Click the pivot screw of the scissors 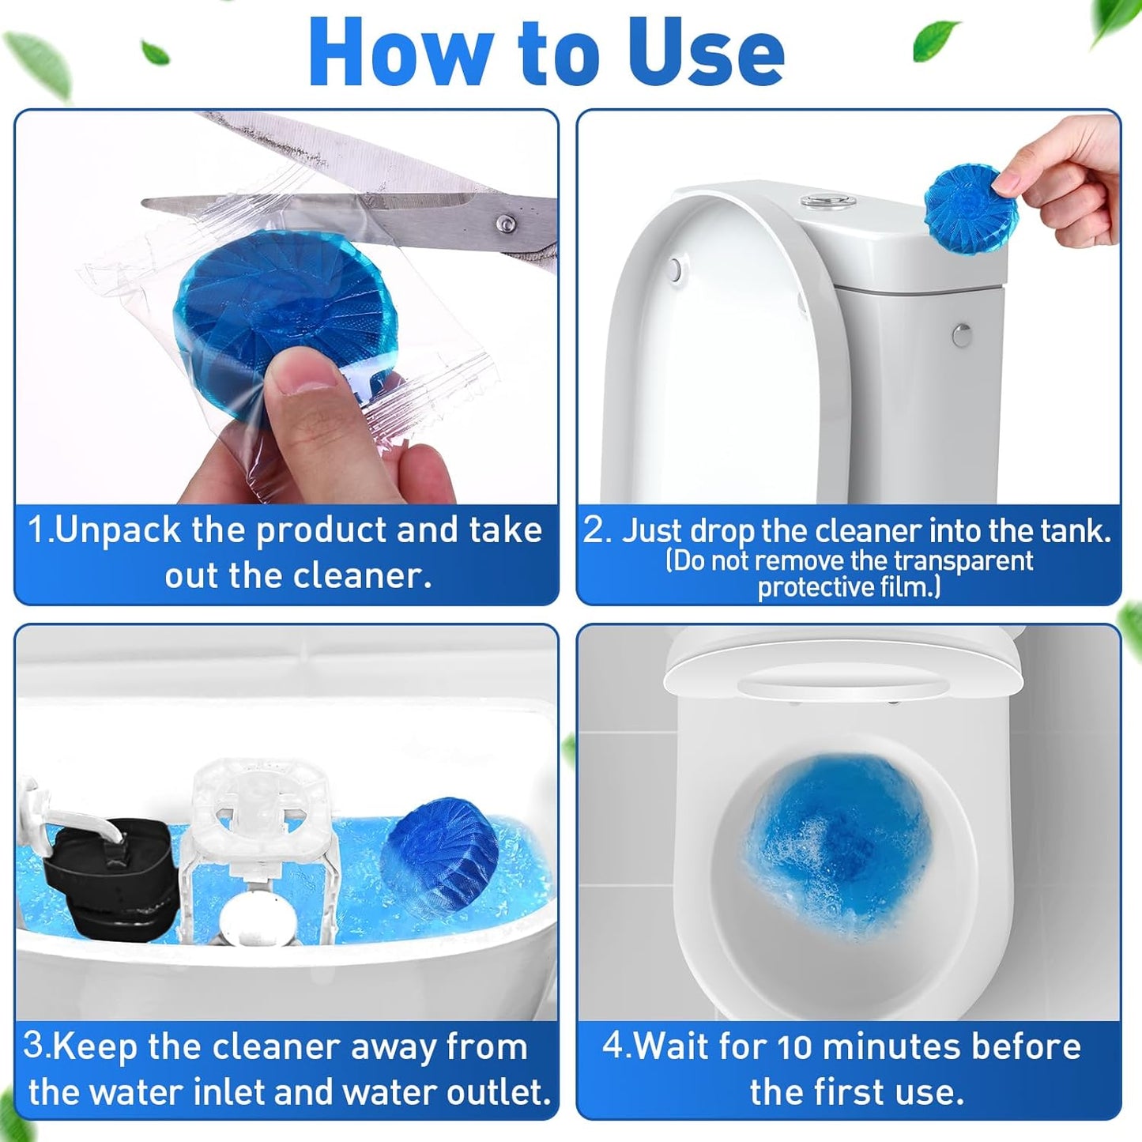(505, 224)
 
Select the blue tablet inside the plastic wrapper (285, 308)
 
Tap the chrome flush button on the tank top (827, 201)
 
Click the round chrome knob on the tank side (961, 335)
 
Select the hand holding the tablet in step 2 (1067, 178)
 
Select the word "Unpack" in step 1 (119, 530)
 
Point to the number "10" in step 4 (794, 1047)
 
